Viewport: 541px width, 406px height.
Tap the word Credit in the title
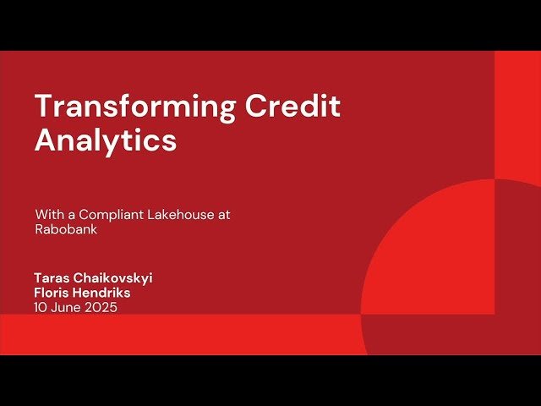pos(292,107)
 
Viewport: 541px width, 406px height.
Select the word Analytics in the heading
pos(106,140)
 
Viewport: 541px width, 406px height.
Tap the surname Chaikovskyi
pos(112,278)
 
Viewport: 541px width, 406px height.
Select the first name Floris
pos(53,293)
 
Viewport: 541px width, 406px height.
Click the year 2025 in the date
pos(101,307)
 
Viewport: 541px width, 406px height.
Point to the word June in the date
pos(66,307)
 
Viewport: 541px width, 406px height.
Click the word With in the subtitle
pos(47,215)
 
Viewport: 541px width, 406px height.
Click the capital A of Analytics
pos(45,140)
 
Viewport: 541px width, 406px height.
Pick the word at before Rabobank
pos(223,215)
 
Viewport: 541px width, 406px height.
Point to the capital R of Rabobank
pos(39,229)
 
